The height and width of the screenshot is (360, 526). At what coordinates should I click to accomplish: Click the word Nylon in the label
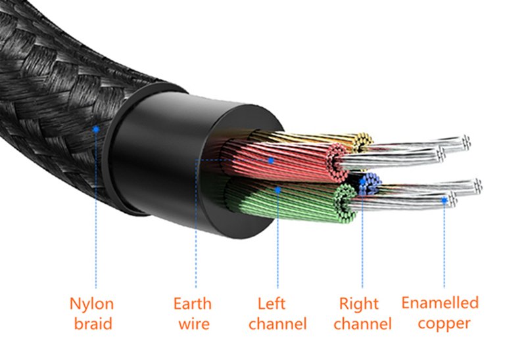click(91, 304)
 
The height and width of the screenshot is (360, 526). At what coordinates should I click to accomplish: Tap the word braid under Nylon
click(91, 324)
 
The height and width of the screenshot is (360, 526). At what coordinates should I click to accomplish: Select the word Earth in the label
click(193, 304)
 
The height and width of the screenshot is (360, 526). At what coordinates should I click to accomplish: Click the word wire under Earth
click(193, 324)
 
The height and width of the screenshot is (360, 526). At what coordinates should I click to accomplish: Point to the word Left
click(271, 304)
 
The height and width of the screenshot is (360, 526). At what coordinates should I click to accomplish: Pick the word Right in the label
click(358, 304)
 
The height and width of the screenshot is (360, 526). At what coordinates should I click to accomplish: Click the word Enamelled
click(440, 303)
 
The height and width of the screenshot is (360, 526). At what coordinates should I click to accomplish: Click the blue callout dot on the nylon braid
click(96, 128)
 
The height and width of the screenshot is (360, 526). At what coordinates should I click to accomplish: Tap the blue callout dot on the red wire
click(270, 160)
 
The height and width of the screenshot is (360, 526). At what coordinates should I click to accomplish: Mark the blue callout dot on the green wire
click(279, 191)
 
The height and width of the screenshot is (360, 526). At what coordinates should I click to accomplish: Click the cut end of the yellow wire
click(362, 141)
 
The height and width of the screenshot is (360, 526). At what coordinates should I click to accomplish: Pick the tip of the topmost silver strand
click(466, 141)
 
